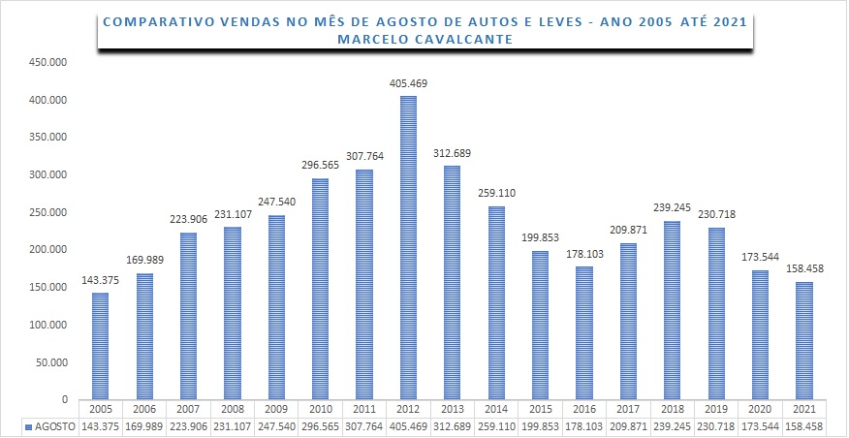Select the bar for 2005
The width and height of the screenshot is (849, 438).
101,346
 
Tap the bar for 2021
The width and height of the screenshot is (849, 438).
802,340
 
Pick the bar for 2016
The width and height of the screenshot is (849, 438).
583,332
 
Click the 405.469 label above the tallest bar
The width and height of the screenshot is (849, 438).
408,84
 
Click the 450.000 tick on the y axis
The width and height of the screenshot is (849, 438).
47,62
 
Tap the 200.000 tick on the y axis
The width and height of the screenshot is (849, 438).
47,250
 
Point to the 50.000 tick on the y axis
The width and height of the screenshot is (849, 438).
49,362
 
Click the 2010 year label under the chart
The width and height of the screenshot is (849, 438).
320,410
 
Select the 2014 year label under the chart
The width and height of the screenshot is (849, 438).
495,410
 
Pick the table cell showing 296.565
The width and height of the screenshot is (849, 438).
320,426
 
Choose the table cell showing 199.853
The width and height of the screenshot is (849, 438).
539,426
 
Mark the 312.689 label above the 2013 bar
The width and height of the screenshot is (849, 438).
452,154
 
